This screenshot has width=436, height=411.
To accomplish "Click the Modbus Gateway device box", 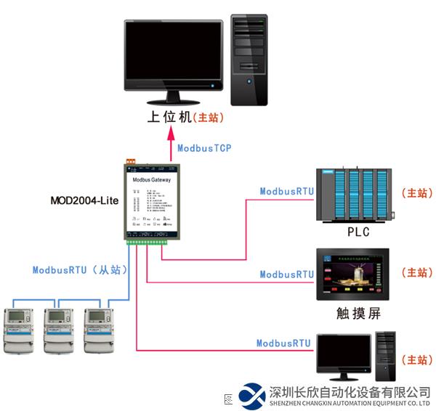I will [x=151, y=200].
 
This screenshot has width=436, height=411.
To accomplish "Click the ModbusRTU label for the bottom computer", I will [x=283, y=343].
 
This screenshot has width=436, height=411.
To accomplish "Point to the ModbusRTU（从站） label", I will [x=80, y=269].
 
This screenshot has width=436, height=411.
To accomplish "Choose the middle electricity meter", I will [x=60, y=331].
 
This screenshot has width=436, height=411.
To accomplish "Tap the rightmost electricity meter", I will [x=100, y=331].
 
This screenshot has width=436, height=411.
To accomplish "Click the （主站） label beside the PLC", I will [x=416, y=194].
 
